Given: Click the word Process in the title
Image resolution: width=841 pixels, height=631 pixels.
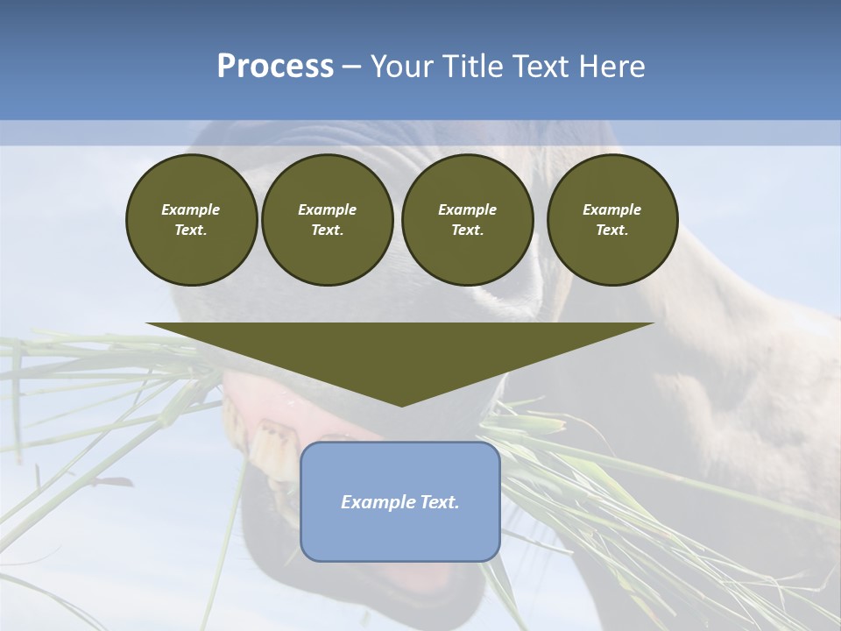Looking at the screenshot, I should tap(275, 67).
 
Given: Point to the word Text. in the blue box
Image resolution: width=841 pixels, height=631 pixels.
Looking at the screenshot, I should tap(439, 502).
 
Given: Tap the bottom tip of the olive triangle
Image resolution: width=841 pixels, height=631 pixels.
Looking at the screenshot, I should tap(401, 404).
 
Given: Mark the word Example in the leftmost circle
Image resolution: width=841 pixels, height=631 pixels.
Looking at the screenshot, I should tap(191, 209).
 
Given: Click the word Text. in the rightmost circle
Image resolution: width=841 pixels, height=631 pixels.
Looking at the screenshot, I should tap(612, 230).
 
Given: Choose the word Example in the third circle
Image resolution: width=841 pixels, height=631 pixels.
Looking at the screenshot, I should tap(468, 209).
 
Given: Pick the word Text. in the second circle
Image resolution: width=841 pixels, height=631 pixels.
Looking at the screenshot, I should tap(328, 230).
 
